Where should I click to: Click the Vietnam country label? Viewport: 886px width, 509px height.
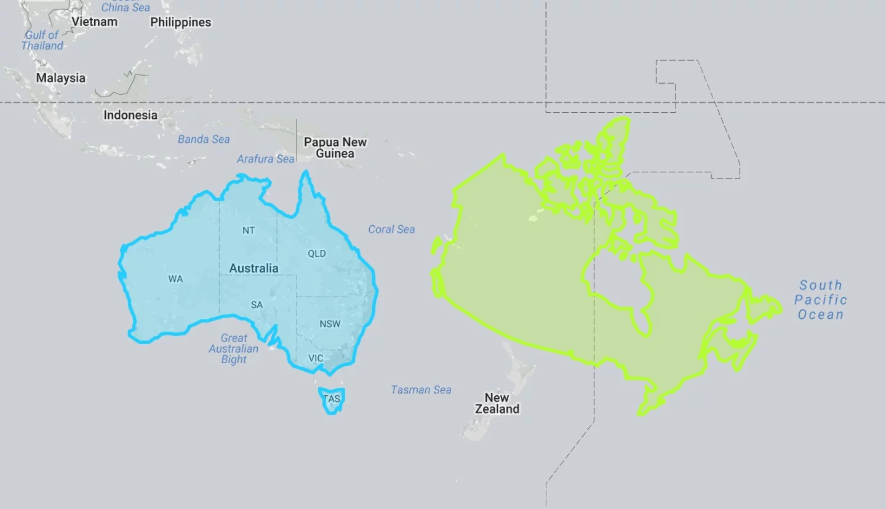94,22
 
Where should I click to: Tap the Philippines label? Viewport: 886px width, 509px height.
180,22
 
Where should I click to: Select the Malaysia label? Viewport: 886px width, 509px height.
60,78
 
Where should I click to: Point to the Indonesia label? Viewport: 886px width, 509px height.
130,115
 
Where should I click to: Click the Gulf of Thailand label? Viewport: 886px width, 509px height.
42,40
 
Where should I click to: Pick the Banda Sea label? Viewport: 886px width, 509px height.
204,139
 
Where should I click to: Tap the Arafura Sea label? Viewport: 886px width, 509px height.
266,159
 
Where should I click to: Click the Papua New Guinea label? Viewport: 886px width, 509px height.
335,148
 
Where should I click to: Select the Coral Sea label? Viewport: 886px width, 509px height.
391,229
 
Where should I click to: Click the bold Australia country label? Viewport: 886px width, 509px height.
253,268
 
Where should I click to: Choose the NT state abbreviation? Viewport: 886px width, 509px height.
249,231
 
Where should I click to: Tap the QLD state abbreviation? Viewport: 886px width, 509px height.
317,254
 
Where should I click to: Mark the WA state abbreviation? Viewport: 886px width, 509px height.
175,279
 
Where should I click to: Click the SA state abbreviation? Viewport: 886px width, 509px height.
257,305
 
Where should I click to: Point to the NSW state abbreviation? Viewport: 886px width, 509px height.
330,324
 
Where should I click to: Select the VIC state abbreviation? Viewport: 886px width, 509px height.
316,358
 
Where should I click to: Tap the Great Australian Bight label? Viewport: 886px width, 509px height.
234,348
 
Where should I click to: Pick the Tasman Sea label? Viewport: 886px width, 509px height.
421,390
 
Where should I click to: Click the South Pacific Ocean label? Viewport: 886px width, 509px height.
820,300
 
